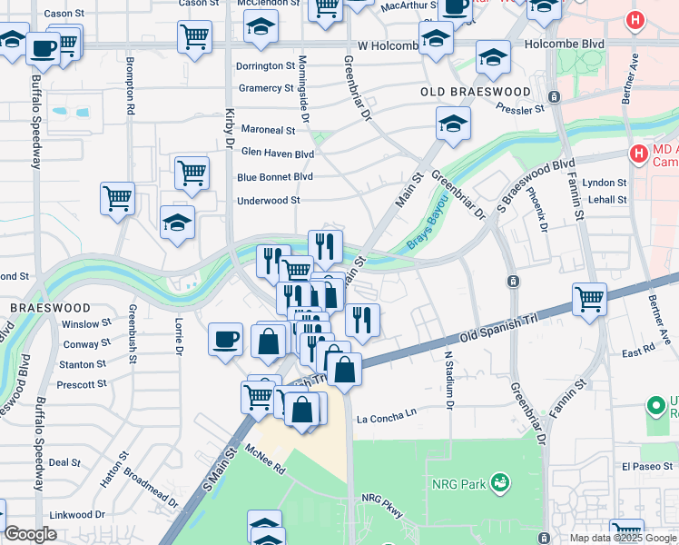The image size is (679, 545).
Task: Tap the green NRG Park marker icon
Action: (x=499, y=481)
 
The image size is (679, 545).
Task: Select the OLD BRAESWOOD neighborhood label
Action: (x=476, y=93)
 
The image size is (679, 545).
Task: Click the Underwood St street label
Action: (x=268, y=201)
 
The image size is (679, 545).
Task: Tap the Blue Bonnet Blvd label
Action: (x=274, y=177)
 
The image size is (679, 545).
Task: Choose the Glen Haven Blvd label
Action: (x=277, y=154)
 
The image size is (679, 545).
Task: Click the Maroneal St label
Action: (x=268, y=131)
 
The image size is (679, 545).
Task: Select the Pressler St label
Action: (x=519, y=109)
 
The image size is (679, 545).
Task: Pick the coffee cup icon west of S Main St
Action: (x=226, y=340)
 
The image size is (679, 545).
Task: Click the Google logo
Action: (x=30, y=534)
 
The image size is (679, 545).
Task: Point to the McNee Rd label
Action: (x=265, y=460)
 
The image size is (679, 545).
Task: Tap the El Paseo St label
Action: (x=645, y=466)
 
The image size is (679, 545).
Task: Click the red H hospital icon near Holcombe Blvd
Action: (x=636, y=20)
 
